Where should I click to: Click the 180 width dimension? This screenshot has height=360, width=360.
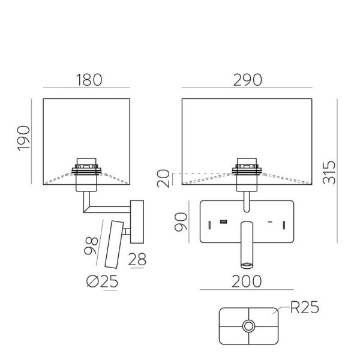point(88,80)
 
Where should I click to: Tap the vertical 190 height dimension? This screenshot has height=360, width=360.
point(23,139)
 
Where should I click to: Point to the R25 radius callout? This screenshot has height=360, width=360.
point(304,309)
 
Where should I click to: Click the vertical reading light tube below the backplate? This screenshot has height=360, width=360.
point(246,245)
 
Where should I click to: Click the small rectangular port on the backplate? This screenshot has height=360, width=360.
point(223,223)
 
